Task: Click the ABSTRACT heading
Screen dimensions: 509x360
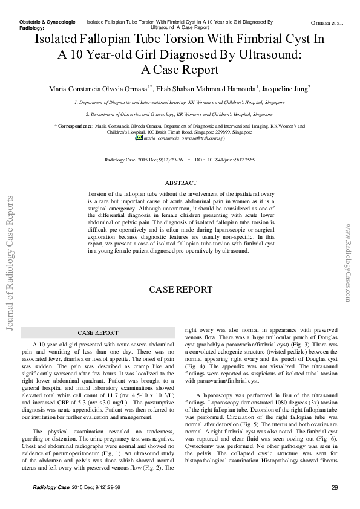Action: click(181, 183)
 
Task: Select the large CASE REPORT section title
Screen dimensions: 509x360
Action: click(181, 290)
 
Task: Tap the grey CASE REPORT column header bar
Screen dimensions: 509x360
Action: click(98, 332)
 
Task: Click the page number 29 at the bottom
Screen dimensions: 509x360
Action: click(335, 488)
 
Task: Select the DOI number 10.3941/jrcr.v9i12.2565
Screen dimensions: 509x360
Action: click(233, 160)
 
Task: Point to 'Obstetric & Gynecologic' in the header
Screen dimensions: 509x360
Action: click(48, 22)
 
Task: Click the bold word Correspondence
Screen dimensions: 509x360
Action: click(75, 126)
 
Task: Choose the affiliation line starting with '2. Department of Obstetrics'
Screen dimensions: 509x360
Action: click(178, 114)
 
